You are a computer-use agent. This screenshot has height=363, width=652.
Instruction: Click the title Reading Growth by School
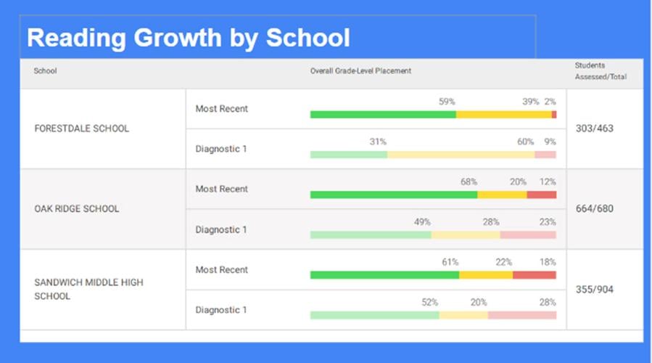point(188,38)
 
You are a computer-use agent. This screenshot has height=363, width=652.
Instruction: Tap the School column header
point(45,71)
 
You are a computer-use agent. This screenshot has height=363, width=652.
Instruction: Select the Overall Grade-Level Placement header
point(360,71)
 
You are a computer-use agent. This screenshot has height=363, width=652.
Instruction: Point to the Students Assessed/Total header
point(600,71)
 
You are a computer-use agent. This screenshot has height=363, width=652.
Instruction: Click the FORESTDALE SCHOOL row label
point(81,129)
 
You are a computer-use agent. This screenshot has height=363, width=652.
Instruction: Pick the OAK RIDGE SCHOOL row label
point(77,209)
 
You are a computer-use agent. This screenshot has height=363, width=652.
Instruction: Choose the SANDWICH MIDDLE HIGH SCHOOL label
point(88,289)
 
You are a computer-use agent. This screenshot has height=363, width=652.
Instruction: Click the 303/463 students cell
point(594,129)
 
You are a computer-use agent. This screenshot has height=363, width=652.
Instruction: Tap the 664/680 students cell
point(594,209)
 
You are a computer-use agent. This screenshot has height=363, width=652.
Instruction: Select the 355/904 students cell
point(594,290)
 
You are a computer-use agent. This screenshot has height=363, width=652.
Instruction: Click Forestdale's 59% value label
point(447,102)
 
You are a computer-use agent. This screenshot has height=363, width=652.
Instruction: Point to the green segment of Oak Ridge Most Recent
point(393,195)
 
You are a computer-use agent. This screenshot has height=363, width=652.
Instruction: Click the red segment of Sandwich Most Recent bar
point(535,275)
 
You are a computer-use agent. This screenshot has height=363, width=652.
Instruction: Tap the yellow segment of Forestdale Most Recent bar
point(503,115)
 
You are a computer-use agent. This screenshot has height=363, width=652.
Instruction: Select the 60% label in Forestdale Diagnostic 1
point(525,142)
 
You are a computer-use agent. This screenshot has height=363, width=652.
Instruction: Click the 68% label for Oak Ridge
point(469,182)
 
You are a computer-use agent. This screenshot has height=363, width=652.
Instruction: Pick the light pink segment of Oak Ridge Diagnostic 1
point(528,235)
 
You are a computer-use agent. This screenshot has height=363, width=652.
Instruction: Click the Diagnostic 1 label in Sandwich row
point(221,310)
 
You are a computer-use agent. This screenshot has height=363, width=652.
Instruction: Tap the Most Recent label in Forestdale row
point(221,109)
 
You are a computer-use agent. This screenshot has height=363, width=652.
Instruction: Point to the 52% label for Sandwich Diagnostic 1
point(430,303)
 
